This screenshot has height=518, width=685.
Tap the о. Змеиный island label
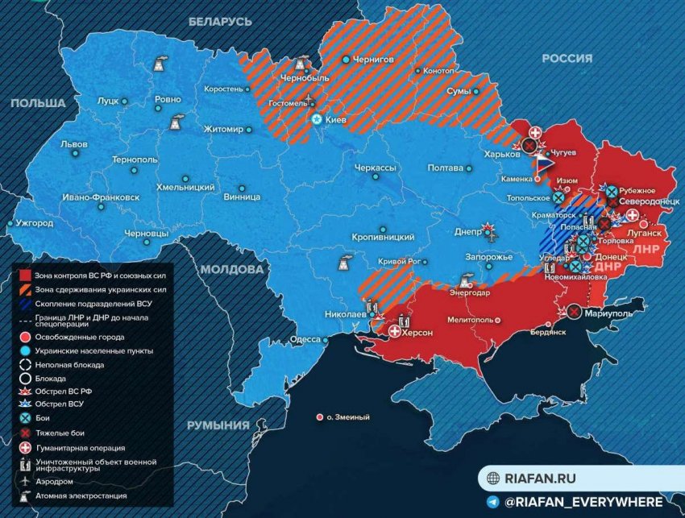pyautogui.click(x=348, y=417)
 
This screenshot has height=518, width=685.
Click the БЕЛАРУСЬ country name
pyautogui.click(x=220, y=23)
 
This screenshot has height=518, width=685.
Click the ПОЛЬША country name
pyautogui.click(x=37, y=104)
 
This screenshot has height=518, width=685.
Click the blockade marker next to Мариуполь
pyautogui.click(x=574, y=312)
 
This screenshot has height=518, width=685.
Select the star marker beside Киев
pyautogui.click(x=318, y=119)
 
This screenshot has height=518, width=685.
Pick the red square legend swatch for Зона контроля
pyautogui.click(x=25, y=275)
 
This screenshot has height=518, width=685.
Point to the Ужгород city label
pyautogui.click(x=35, y=223)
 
